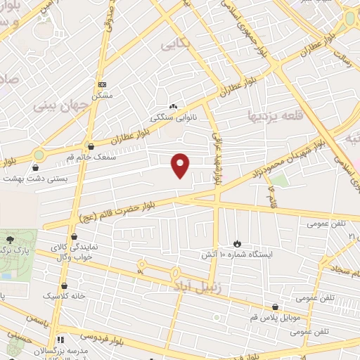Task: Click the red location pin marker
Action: [181, 165]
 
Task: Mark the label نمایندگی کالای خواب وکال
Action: [71, 252]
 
